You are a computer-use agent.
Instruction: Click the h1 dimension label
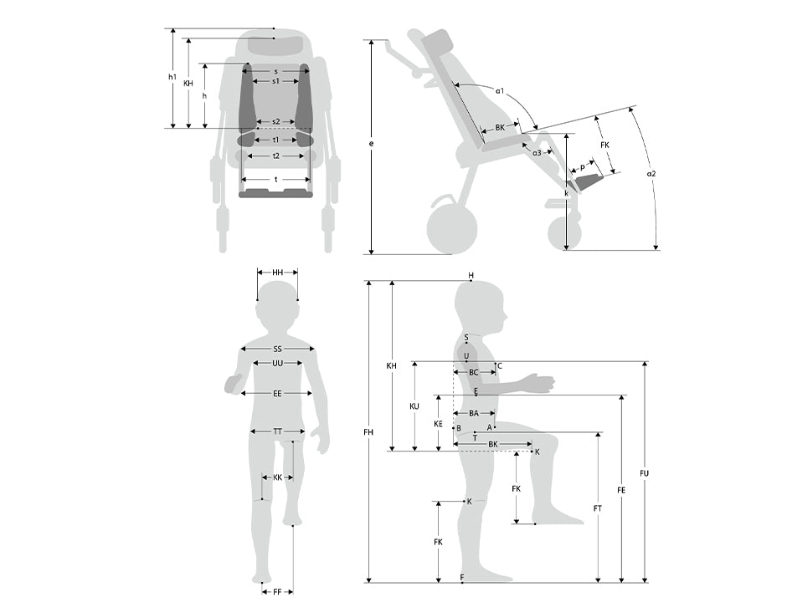pos(172,77)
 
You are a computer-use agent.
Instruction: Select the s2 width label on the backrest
pos(276,122)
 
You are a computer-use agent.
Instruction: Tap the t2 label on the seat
pos(276,156)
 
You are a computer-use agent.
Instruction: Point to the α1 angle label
pos(500,91)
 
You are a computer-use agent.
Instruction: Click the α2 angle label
pos(651,174)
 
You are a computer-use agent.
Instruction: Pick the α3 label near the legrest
pos(537,152)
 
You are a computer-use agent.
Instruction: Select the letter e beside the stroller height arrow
pos(372,144)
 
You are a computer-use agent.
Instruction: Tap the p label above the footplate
pos(582,167)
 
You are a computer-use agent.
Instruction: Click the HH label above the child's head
pos(278,273)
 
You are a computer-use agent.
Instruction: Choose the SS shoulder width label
pos(278,349)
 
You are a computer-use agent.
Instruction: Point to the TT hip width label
pos(278,431)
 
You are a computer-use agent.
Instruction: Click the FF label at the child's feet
pos(278,592)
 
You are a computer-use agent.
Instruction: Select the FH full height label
pos(369,432)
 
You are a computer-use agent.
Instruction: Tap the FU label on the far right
pos(645,473)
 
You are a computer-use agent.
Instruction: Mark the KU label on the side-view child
pos(414,406)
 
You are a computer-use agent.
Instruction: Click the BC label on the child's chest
pos(474,372)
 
